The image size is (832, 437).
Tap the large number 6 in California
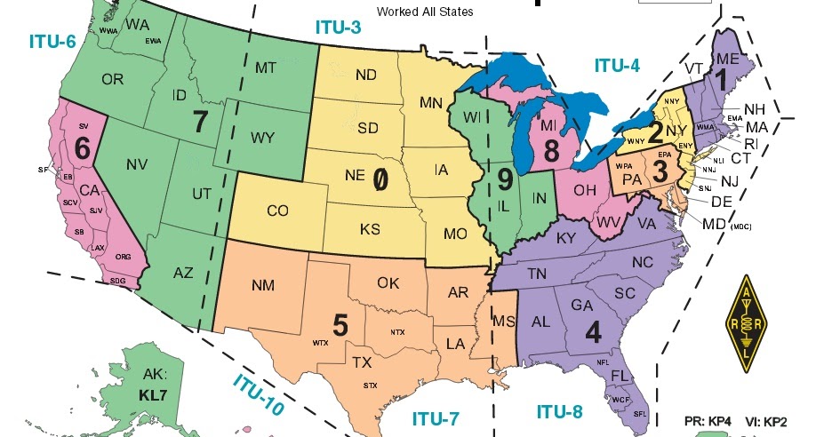[82, 149]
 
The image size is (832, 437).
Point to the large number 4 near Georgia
[593, 330]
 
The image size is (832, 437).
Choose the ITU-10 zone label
[259, 395]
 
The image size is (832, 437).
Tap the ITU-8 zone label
[559, 410]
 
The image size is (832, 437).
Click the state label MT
[266, 68]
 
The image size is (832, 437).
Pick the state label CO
[277, 211]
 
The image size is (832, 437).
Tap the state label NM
[263, 285]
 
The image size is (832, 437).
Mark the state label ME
[726, 59]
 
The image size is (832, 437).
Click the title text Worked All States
[425, 12]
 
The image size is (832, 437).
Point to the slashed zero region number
[380, 179]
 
